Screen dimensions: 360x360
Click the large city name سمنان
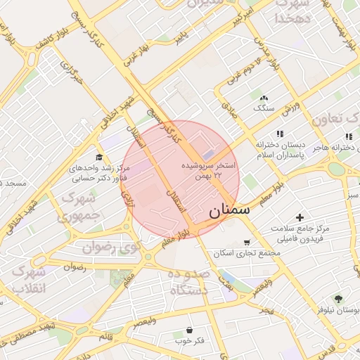[229, 210]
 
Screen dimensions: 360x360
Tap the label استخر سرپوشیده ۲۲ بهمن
[209, 169]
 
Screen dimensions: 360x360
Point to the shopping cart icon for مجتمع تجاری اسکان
[246, 243]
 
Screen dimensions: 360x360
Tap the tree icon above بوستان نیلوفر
[339, 299]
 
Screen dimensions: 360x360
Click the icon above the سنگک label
[264, 98]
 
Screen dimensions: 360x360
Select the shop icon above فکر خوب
[189, 330]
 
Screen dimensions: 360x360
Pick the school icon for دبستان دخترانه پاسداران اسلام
[280, 134]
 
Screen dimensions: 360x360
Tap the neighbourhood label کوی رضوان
[111, 247]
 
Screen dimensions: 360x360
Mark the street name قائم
[105, 337]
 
